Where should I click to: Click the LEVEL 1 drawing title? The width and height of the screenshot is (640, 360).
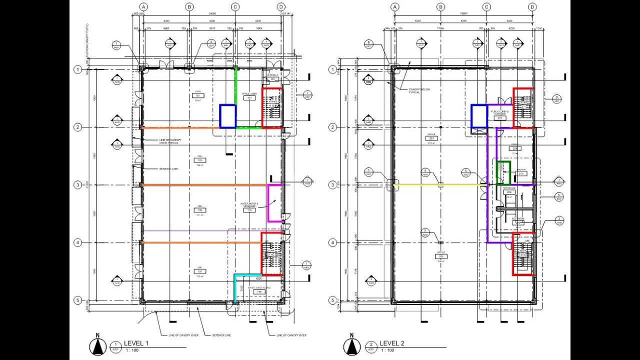[136, 343]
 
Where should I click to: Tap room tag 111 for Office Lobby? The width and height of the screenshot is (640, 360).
[249, 98]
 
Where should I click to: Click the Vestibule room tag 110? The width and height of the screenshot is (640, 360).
[272, 79]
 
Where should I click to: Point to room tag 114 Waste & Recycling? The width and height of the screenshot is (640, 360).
[258, 291]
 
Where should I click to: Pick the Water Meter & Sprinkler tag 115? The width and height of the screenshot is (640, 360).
[249, 210]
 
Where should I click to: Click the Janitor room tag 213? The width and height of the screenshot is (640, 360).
[521, 173]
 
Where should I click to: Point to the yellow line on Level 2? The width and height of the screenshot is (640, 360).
[440, 185]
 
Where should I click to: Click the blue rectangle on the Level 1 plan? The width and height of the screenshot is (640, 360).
[228, 116]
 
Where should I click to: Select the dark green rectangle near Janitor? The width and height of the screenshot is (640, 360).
[502, 173]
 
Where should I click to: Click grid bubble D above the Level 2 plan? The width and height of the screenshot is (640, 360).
[532, 7]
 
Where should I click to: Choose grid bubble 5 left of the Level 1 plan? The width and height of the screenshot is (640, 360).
[77, 300]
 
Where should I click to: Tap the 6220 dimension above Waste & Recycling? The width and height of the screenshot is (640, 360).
[259, 278]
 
